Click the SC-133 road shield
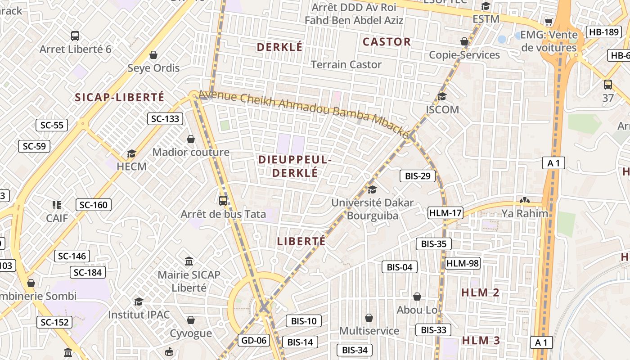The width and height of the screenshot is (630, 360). point(165,119)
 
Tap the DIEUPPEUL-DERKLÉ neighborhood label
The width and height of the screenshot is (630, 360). point(295,166)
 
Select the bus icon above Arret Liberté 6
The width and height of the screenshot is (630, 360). point(75,36)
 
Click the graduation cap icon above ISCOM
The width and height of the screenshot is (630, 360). point(442,96)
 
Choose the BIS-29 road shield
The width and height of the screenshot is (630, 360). point(418,176)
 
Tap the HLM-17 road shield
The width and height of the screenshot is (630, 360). point(445,213)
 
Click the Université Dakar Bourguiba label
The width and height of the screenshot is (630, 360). point(372,209)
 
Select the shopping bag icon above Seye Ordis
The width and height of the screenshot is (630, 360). point(153,55)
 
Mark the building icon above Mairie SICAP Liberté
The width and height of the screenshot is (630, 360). point(189,261)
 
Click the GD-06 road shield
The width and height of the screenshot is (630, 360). point(254,340)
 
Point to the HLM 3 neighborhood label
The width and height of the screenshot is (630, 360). point(481,340)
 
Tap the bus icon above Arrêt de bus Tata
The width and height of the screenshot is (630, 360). point(223,201)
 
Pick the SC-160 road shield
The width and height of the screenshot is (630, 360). point(93,205)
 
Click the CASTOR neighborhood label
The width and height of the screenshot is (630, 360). point(387,42)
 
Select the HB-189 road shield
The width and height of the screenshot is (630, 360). point(603,32)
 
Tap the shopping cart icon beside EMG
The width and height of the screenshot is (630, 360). point(549,22)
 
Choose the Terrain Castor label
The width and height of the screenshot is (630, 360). point(346,64)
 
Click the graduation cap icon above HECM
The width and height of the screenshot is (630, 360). point(131,154)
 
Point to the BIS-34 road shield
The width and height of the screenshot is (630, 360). point(355,350)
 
